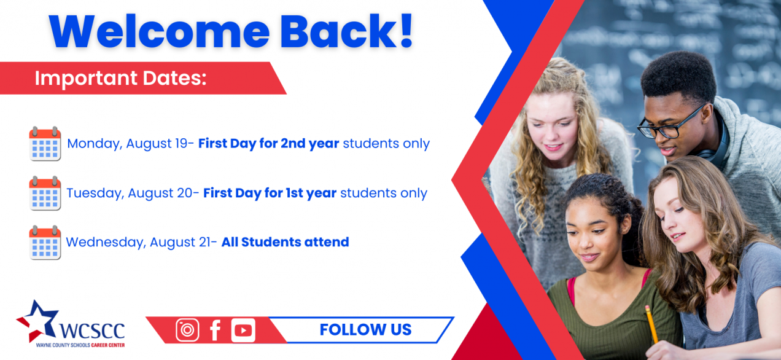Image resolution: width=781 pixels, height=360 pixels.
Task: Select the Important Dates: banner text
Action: pos(120,78)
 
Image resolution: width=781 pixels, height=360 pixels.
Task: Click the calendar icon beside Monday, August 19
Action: pos(45,143)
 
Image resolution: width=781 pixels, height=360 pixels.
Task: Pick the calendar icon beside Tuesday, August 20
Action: pos(45,193)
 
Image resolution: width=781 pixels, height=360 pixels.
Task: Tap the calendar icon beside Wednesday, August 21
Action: pos(45,243)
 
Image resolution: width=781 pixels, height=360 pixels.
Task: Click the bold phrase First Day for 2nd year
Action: pos(268,143)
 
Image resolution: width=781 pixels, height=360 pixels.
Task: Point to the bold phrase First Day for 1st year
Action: pos(270,193)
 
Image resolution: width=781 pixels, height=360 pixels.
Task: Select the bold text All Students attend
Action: pos(286,242)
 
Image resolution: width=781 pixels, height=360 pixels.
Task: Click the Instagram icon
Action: pos(187,330)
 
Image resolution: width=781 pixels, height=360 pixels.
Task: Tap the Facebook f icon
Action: pos(215,330)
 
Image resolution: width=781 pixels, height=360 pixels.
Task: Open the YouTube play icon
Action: pos(243,330)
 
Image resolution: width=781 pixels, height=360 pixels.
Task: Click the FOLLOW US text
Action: pos(365,330)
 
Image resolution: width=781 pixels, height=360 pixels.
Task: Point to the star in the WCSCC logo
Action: pos(37,321)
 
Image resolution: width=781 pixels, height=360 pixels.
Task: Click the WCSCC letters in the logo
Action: pos(92,330)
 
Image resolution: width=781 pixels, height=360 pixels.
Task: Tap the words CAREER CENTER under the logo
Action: pos(107,345)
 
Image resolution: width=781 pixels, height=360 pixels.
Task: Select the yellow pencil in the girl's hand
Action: pos(651,324)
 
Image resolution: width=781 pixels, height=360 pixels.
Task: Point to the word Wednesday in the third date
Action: pos(106,242)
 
